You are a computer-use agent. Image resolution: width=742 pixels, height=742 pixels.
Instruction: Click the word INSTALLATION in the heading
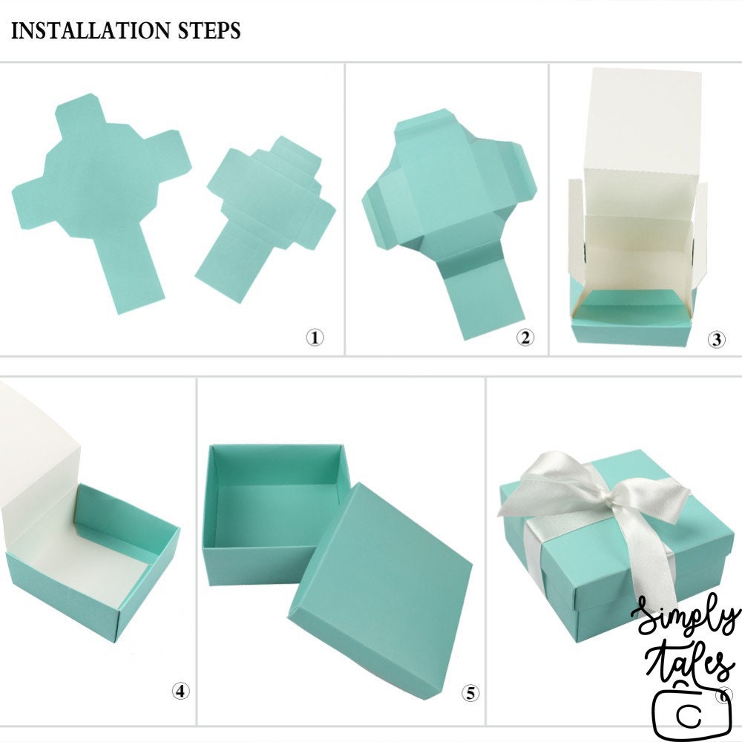click(x=91, y=30)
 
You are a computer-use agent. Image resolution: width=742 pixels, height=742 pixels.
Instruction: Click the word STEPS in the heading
click(x=209, y=30)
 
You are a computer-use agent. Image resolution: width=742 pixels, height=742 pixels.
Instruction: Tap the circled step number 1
click(x=315, y=338)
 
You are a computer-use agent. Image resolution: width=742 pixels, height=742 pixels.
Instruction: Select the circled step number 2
click(x=525, y=338)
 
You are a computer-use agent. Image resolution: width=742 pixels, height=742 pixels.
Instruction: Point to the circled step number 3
click(x=716, y=339)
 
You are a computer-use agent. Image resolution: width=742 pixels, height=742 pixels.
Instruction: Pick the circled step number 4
click(x=180, y=692)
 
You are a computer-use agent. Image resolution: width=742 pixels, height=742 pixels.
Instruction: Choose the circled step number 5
click(x=470, y=694)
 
